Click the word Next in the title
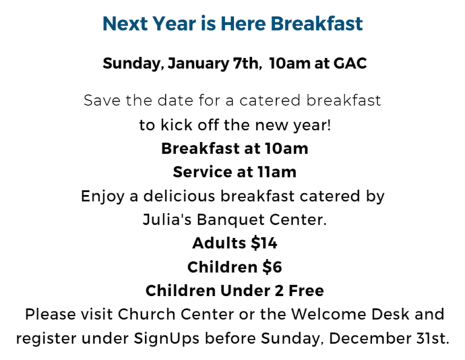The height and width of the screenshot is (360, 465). (125, 24)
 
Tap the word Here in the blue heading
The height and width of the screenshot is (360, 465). (243, 24)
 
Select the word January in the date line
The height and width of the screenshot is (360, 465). (199, 64)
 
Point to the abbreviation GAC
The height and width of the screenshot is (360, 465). (350, 63)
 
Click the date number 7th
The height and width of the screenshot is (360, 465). (246, 64)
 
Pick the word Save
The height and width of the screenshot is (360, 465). (102, 100)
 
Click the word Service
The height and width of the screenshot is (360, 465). (204, 172)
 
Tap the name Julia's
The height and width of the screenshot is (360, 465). (167, 220)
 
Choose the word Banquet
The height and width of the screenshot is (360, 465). (231, 220)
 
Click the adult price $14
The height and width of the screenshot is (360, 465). (264, 243)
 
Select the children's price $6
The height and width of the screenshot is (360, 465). (272, 267)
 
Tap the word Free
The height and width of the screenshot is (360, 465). (306, 290)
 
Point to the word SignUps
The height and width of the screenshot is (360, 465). (167, 339)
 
